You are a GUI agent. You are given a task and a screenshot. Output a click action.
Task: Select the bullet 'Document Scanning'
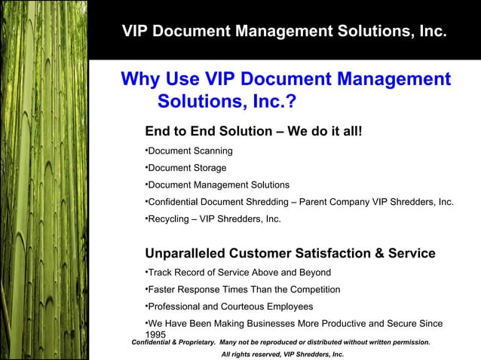pyautogui.click(x=190, y=151)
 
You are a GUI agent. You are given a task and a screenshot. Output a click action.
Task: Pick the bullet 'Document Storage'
pyautogui.click(x=186, y=168)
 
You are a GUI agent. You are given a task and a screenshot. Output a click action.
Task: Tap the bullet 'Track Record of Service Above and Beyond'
pyautogui.click(x=238, y=272)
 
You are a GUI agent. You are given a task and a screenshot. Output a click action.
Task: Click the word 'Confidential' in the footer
pyautogui.click(x=151, y=343)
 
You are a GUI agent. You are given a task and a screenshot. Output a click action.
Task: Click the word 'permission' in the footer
pyautogui.click(x=408, y=343)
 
